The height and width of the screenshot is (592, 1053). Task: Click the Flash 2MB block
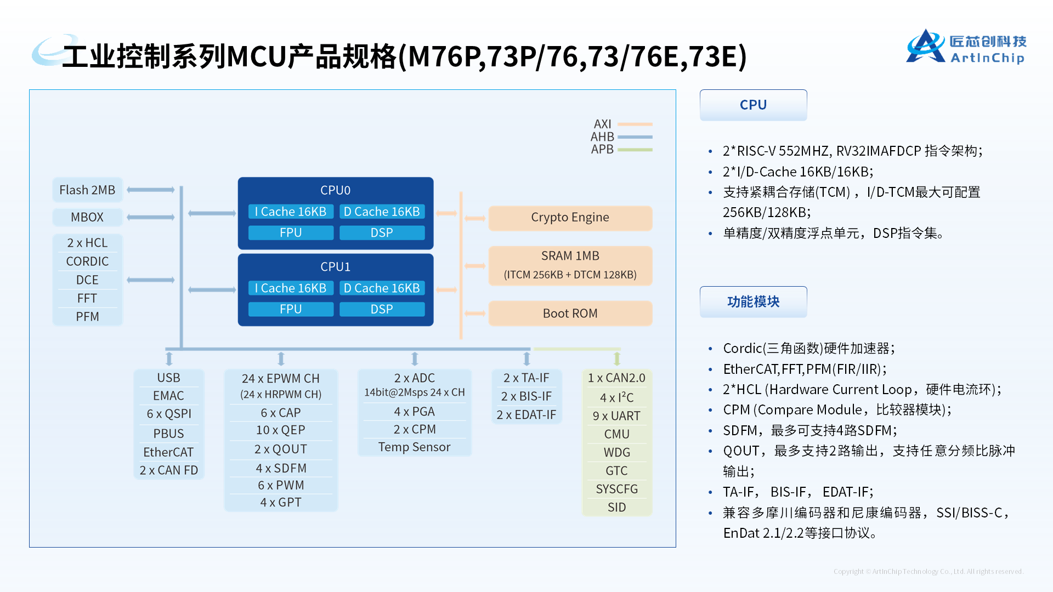[x=88, y=190]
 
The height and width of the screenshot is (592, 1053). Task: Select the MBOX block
[x=88, y=217]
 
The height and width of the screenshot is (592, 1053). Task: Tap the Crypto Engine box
[x=570, y=218]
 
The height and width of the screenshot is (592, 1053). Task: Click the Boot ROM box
[x=570, y=314]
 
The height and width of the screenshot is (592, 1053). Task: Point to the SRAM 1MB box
[x=570, y=265]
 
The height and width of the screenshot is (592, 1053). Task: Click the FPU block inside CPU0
[x=291, y=233]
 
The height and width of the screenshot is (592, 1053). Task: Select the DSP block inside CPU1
[x=382, y=309]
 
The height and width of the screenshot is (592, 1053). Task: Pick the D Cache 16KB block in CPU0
[x=382, y=212]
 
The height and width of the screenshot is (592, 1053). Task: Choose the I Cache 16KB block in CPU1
[x=291, y=288]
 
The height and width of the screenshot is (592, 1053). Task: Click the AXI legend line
[x=635, y=124]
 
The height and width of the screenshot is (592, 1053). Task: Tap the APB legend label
[x=602, y=149]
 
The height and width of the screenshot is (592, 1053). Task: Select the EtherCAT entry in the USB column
[x=168, y=452]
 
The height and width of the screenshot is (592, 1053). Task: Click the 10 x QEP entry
[x=281, y=430]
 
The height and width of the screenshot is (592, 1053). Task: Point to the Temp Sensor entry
[x=414, y=447]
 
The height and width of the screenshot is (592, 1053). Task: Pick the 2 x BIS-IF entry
[x=526, y=396]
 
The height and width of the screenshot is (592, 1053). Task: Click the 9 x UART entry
[x=616, y=416]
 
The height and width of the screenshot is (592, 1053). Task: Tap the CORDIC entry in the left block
[x=88, y=261]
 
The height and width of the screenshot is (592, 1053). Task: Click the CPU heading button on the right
[x=753, y=105]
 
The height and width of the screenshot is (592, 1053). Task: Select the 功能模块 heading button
[x=753, y=301]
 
